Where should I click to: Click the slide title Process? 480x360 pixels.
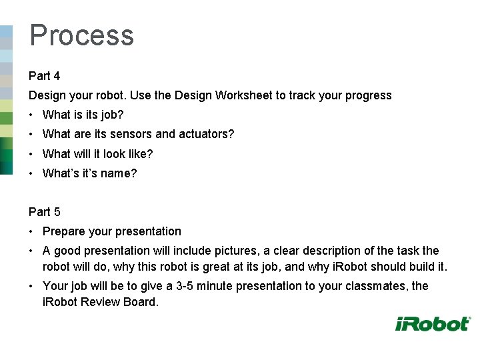(x=81, y=35)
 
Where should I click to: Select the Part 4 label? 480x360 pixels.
(x=44, y=76)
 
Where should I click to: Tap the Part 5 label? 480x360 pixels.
(x=44, y=212)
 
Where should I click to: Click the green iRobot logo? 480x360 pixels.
(x=433, y=324)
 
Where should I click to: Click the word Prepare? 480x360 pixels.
(x=63, y=231)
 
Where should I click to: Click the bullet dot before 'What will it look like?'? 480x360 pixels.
(x=32, y=154)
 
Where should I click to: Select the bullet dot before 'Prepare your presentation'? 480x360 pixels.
(x=32, y=231)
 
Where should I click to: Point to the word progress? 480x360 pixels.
(x=369, y=95)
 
